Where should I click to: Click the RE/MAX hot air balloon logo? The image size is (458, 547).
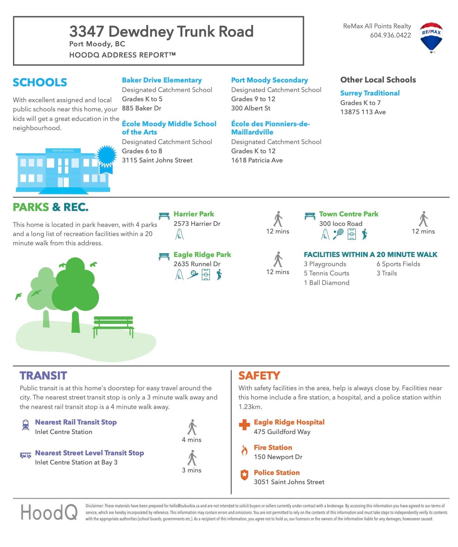tap(431, 37)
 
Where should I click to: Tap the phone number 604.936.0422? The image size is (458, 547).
tap(390, 35)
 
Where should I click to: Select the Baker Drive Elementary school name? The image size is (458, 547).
tap(162, 80)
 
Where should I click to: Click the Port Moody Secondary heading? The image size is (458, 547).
tap(269, 80)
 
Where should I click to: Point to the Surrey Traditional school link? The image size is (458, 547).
tap(370, 93)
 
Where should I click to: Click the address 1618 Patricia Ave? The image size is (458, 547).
tap(257, 160)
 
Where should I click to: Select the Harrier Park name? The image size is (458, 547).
tap(193, 214)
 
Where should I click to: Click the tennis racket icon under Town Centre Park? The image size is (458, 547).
tap(338, 234)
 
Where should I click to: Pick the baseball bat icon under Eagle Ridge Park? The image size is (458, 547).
tap(193, 274)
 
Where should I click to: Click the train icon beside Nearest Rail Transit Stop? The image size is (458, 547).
tap(25, 425)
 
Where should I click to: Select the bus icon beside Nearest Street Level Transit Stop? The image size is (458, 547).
tap(25, 455)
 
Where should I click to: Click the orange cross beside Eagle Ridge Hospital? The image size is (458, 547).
tap(244, 425)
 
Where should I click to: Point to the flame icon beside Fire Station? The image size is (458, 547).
tap(244, 450)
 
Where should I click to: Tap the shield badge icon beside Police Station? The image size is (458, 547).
tap(244, 475)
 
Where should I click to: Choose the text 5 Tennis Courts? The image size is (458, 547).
tap(326, 273)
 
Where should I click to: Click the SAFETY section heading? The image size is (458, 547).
tap(259, 376)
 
